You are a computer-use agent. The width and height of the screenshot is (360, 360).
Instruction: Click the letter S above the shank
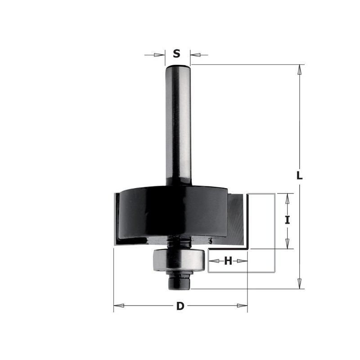click(177, 54)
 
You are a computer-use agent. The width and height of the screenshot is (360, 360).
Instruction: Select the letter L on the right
click(300, 175)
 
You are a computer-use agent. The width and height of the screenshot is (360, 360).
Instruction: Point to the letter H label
click(229, 261)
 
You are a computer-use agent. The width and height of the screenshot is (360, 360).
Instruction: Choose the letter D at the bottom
click(180, 307)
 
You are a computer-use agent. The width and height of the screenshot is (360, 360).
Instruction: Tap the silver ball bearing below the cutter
click(179, 260)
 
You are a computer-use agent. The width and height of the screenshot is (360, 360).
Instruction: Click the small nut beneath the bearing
click(179, 281)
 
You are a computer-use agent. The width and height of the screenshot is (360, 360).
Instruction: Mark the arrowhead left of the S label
click(159, 55)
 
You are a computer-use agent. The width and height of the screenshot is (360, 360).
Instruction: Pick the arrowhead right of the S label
click(195, 55)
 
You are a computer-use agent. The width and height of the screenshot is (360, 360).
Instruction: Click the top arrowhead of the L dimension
click(300, 69)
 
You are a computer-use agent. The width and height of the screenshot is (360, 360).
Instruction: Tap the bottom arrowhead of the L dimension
click(300, 283)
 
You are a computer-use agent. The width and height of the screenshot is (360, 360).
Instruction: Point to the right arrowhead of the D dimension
click(243, 307)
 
